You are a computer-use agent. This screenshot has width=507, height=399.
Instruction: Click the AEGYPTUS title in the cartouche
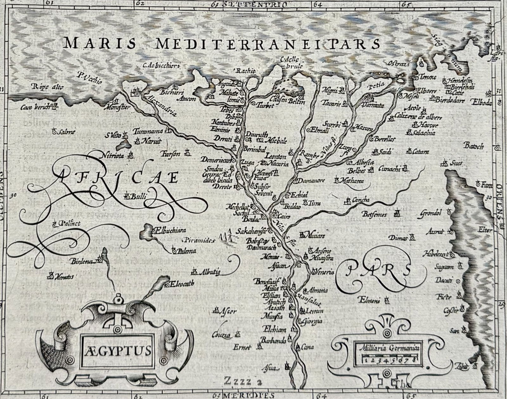click(x=118, y=350)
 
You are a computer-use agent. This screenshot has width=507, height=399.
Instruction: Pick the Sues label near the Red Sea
click(x=456, y=163)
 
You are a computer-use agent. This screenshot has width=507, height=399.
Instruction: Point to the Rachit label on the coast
click(x=246, y=70)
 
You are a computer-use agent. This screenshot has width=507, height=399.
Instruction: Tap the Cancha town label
click(x=361, y=200)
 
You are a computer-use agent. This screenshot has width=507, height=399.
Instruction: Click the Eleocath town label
click(x=182, y=284)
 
